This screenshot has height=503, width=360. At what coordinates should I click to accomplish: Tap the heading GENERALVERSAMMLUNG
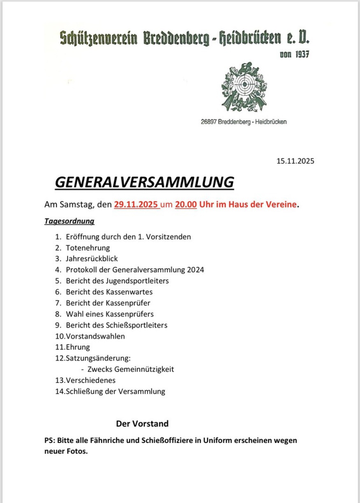click(144, 182)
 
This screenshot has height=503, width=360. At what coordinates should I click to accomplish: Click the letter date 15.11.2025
click(295, 161)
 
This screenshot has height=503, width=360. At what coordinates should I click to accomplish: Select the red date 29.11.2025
click(137, 204)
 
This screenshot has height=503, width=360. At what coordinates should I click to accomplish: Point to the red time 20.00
click(186, 204)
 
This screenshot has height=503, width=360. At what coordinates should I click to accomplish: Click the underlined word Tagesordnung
click(69, 221)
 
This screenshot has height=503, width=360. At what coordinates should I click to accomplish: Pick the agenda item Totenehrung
click(88, 248)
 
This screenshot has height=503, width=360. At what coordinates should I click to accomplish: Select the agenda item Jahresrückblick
click(92, 259)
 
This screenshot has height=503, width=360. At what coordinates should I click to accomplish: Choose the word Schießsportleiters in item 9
click(137, 325)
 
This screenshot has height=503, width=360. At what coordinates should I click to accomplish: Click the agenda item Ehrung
click(78, 347)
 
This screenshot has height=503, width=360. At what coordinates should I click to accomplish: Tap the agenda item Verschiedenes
click(91, 380)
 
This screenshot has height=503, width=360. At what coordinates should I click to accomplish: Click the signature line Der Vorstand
click(142, 424)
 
